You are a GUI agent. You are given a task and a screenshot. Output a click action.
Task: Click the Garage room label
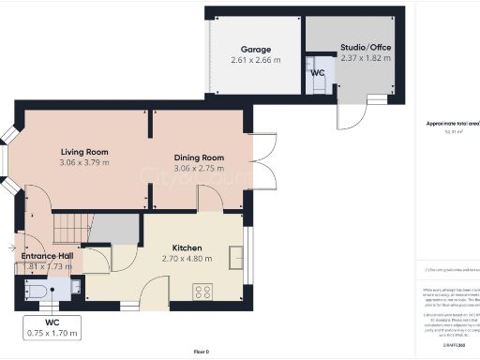coord(255,49)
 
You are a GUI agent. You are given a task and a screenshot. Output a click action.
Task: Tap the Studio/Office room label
coord(365,47)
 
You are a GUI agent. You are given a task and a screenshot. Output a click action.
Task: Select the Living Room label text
coord(85,151)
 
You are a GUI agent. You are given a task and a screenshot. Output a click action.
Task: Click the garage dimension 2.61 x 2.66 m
coord(255,60)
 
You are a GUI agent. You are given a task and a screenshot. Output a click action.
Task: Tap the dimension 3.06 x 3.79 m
coord(85,162)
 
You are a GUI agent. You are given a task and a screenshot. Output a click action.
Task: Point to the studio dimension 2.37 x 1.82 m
coord(365,58)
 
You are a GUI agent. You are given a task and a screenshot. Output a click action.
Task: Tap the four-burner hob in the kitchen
coord(202,292)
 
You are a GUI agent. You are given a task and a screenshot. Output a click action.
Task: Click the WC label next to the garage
coord(317,72)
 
